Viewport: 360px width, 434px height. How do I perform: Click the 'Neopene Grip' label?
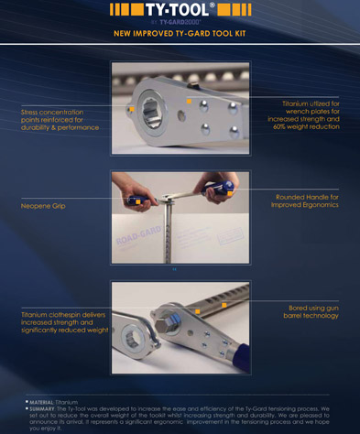point(43,206)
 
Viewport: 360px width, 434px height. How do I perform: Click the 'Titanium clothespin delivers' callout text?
point(57,314)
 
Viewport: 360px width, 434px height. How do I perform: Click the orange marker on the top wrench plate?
point(188,100)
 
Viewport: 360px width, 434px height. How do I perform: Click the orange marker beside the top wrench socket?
point(131,109)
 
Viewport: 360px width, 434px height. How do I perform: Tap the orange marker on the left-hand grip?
point(136,201)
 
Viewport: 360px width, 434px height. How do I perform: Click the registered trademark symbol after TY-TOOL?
point(213,5)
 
